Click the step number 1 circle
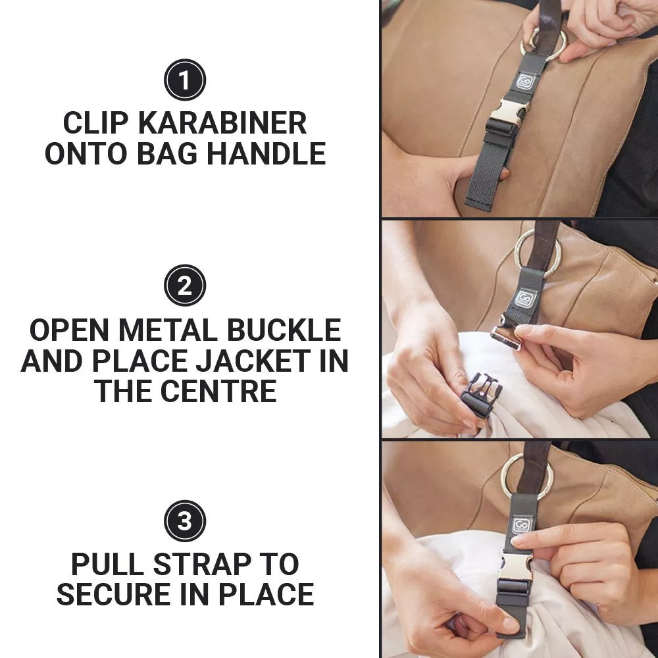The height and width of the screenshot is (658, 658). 185,80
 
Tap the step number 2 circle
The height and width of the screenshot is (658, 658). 185,285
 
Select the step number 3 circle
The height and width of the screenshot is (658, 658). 185,521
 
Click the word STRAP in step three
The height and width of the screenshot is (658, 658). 195,565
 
